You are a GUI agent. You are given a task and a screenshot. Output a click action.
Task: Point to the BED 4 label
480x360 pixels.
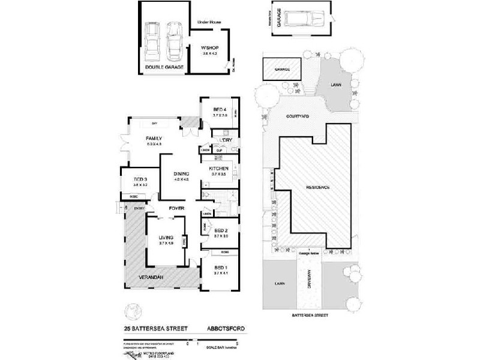[220, 109]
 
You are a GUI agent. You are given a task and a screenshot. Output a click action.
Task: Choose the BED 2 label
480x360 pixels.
[220, 231]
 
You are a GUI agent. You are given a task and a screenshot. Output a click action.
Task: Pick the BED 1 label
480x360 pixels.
[220, 267]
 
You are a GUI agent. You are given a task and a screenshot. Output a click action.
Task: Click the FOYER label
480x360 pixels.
[176, 208]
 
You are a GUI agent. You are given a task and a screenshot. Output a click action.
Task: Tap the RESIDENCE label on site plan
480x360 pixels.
[318, 187]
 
